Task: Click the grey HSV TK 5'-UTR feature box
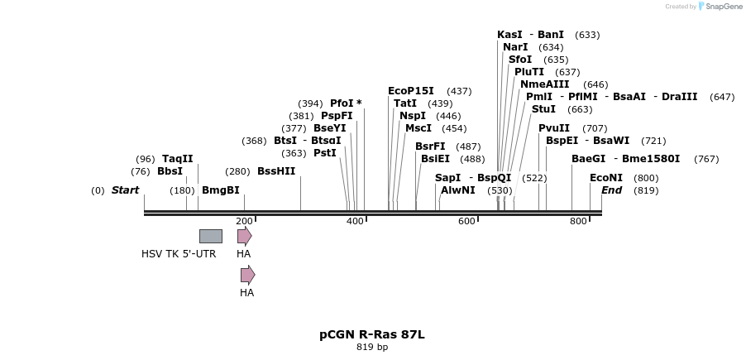[210, 236]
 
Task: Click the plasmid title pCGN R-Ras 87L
[372, 334]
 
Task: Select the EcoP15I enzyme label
[411, 91]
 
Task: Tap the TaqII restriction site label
[178, 159]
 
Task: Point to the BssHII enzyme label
[276, 171]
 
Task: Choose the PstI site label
[325, 152]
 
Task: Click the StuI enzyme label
[543, 109]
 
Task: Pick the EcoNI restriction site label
[606, 178]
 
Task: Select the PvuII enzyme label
[554, 128]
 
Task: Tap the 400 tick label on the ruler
[355, 221]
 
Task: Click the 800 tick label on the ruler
[578, 221]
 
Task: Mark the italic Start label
[125, 190]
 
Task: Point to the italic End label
[612, 190]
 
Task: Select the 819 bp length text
[372, 348]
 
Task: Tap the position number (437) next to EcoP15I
[459, 91]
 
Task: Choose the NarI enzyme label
[515, 47]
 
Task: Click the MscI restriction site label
[418, 128]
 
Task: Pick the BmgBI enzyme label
[221, 190]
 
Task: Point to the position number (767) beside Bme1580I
[706, 159]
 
